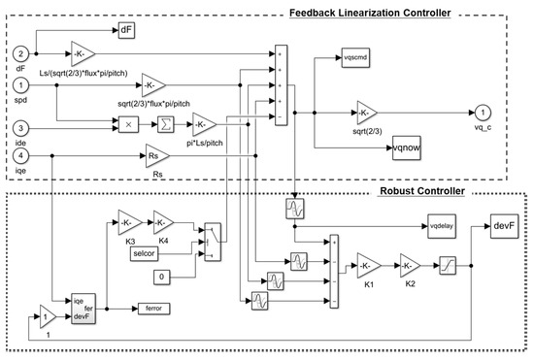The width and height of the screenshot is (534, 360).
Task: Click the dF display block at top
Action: (x=127, y=31)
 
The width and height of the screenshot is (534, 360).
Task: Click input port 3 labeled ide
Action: (x=21, y=127)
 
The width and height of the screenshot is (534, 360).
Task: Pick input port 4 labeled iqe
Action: (x=21, y=153)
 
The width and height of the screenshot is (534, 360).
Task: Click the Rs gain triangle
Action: (x=156, y=153)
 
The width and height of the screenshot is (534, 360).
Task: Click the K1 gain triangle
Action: (x=368, y=264)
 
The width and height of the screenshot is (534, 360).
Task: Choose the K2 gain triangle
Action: (x=407, y=264)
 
